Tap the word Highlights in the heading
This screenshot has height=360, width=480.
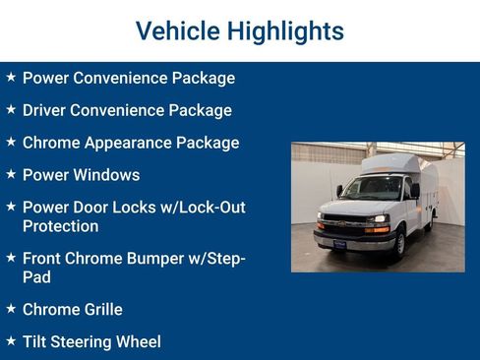(x=284, y=31)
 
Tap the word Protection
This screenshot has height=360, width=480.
(x=60, y=226)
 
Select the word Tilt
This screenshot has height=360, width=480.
(x=36, y=342)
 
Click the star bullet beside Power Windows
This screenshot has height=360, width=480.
(x=11, y=174)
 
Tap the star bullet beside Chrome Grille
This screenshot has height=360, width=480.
(x=11, y=309)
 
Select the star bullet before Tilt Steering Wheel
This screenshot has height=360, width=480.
(x=11, y=341)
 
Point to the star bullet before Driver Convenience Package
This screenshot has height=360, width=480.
(x=11, y=109)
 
